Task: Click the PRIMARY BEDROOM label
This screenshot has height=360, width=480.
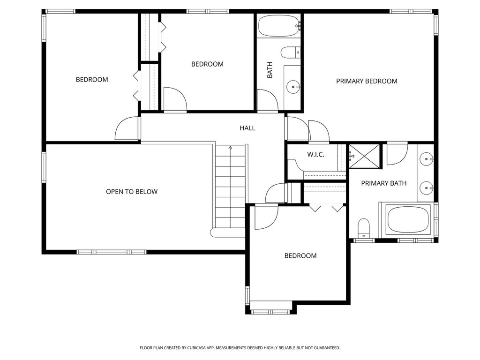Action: click(x=367, y=81)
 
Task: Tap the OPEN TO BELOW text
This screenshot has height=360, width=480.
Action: click(x=132, y=192)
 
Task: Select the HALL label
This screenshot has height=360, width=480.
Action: click(x=247, y=128)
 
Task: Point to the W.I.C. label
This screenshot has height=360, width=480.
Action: click(x=315, y=155)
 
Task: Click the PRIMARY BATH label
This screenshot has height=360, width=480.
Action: click(x=383, y=183)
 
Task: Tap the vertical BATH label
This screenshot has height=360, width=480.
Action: click(x=270, y=70)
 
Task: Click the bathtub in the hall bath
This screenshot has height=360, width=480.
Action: click(x=278, y=26)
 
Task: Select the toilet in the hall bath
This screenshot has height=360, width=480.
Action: click(x=291, y=52)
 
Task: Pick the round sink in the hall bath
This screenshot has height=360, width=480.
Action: click(x=293, y=87)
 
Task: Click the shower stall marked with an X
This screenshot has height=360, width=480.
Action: click(x=364, y=156)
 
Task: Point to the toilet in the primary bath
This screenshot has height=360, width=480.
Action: click(x=364, y=228)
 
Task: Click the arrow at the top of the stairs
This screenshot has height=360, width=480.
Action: click(x=230, y=148)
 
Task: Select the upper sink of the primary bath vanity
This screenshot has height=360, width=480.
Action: click(x=426, y=159)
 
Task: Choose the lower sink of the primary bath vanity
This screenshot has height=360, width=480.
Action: click(x=426, y=188)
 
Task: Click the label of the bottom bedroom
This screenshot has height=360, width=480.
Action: click(x=300, y=256)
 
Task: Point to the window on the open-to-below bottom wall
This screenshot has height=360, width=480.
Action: click(x=112, y=252)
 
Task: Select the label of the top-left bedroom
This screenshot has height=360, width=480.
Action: click(x=92, y=80)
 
